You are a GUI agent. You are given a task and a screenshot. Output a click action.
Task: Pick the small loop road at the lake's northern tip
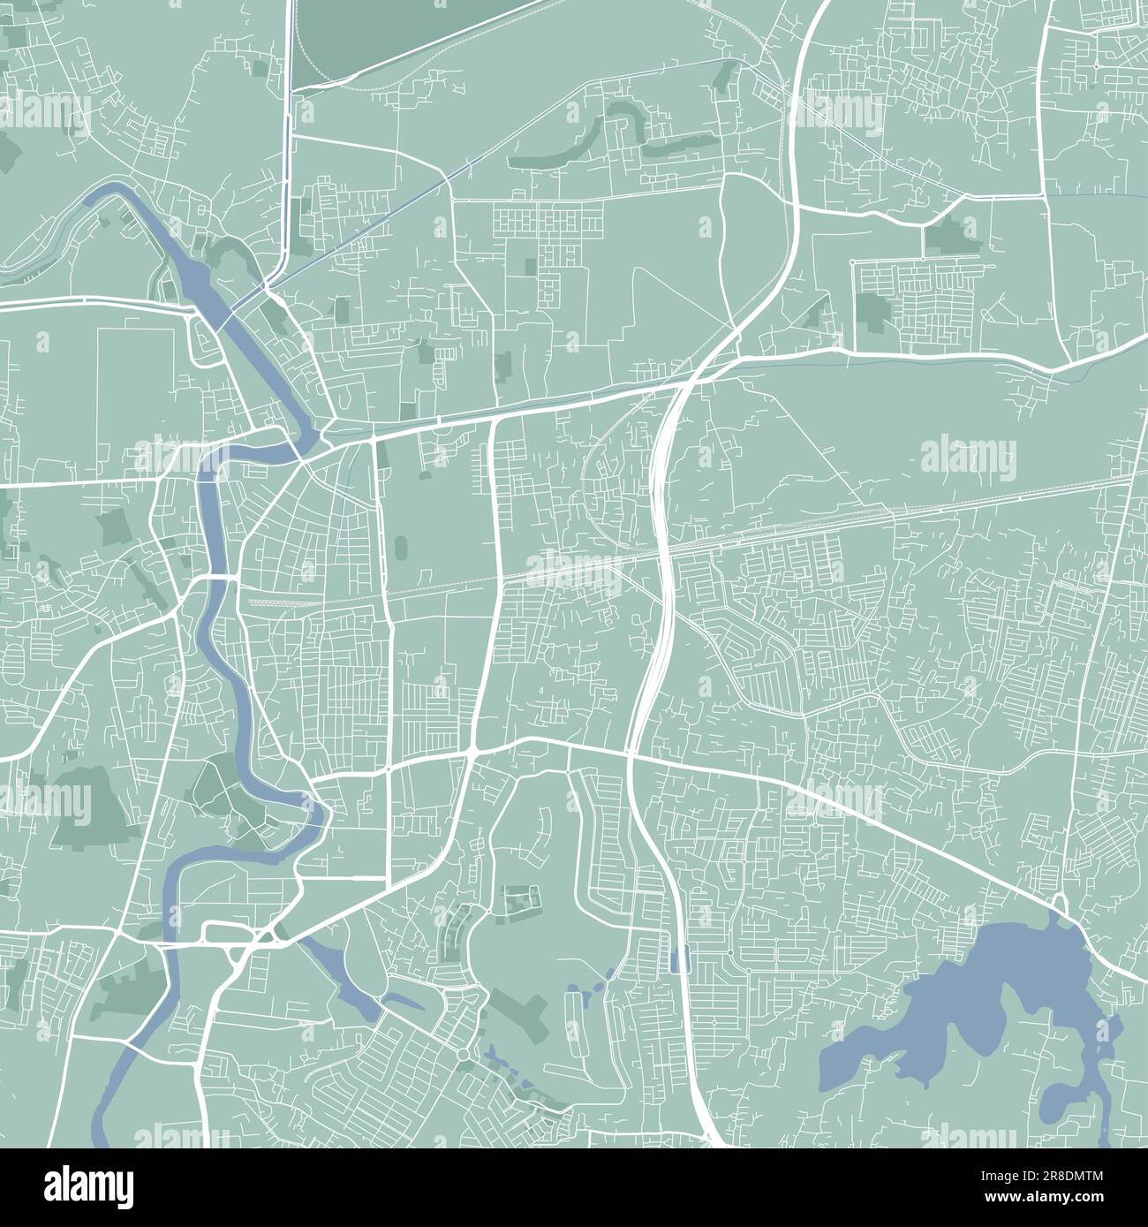tap(1061, 905)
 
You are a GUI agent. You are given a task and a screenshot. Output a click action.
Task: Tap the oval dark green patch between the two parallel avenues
tap(402, 547)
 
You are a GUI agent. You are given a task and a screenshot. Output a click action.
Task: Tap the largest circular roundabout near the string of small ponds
tap(461, 1055)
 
